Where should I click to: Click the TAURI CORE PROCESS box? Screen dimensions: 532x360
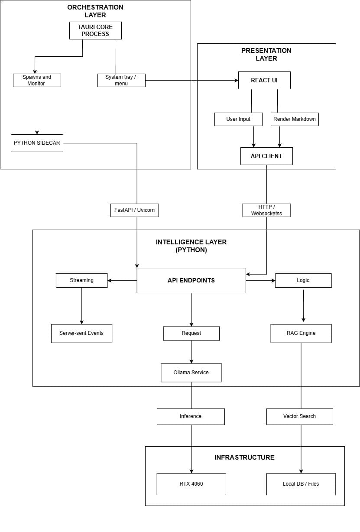(95, 30)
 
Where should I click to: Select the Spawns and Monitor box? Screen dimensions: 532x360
(37, 80)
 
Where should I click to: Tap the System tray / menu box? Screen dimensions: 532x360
(121, 80)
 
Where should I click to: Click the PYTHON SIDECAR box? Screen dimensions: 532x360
(37, 143)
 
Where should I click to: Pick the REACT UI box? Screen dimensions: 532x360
(264, 81)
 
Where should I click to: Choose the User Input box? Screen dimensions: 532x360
(238, 119)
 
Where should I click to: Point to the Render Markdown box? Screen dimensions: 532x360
(295, 119)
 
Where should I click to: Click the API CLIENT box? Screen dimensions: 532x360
(266, 156)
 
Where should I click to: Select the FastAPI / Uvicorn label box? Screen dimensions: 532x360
(135, 211)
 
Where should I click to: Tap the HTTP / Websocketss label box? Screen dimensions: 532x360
(266, 210)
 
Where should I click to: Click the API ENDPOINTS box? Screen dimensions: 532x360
(191, 280)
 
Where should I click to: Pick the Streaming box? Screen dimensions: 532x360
(81, 280)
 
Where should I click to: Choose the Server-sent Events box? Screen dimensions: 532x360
(81, 334)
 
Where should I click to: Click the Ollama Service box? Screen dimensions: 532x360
(191, 373)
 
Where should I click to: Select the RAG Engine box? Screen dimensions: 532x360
(301, 334)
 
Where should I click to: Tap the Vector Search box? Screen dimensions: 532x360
(299, 416)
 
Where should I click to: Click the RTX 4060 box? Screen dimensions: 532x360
(191, 484)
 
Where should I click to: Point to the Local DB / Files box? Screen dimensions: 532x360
(301, 484)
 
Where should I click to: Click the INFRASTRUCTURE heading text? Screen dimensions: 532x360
(244, 457)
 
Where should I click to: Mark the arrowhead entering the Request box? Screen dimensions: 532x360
(191, 324)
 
